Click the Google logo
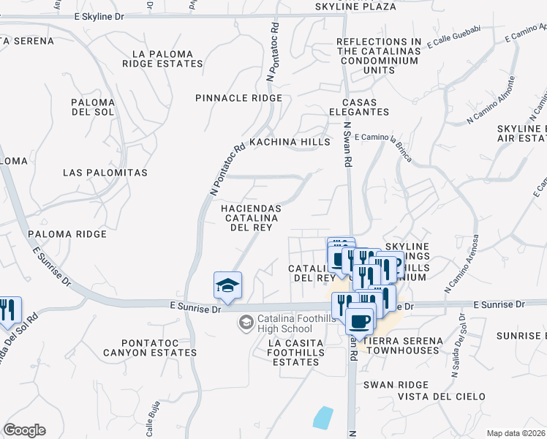click(x=24, y=430)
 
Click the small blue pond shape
click(x=322, y=418)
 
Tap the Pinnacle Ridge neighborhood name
click(x=238, y=98)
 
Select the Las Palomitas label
click(x=105, y=173)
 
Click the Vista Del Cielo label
click(x=441, y=397)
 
